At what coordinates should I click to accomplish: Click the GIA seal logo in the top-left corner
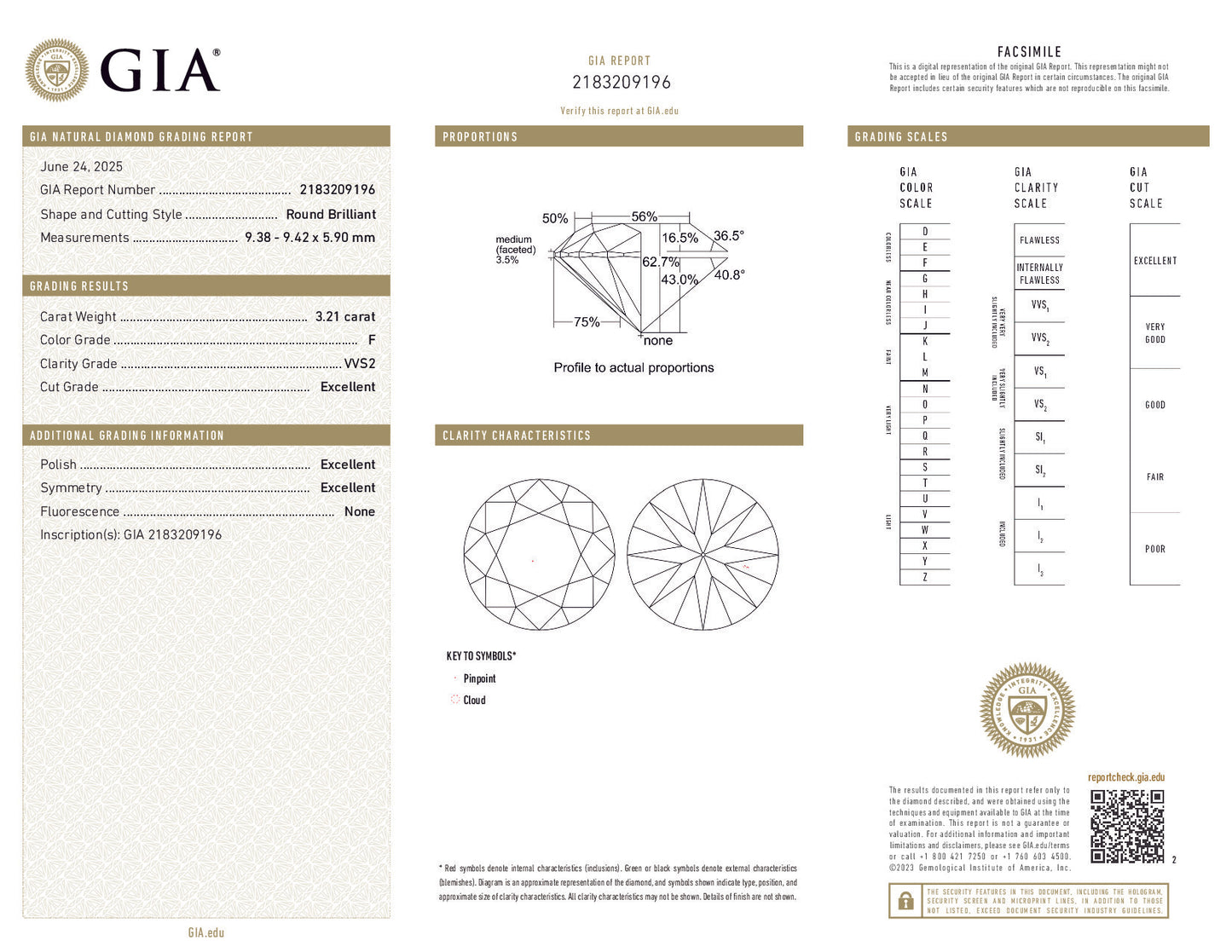[x=57, y=70]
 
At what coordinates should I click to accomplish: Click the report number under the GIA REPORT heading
[x=621, y=82]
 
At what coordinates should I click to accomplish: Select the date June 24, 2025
[x=81, y=166]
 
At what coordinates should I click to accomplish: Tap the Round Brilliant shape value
[x=331, y=214]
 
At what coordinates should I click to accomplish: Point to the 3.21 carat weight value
[x=344, y=316]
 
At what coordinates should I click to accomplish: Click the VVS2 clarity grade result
[x=359, y=363]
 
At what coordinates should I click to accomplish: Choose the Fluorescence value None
[x=359, y=511]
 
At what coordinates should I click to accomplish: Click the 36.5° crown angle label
[x=728, y=235]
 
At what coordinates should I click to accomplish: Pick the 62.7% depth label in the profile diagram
[x=661, y=262]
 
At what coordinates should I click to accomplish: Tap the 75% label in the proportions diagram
[x=587, y=321]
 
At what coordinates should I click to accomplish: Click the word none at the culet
[x=657, y=340]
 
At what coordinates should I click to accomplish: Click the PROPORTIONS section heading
[x=480, y=136]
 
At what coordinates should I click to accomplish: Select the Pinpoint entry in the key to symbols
[x=479, y=678]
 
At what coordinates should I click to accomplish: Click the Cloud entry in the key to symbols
[x=474, y=700]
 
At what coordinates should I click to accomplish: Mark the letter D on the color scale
[x=925, y=231]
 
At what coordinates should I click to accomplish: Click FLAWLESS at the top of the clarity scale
[x=1039, y=240]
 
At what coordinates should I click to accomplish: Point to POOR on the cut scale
[x=1154, y=549]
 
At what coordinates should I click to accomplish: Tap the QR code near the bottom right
[x=1127, y=826]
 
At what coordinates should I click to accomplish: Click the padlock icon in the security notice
[x=905, y=901]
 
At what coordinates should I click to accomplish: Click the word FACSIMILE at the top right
[x=1029, y=52]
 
